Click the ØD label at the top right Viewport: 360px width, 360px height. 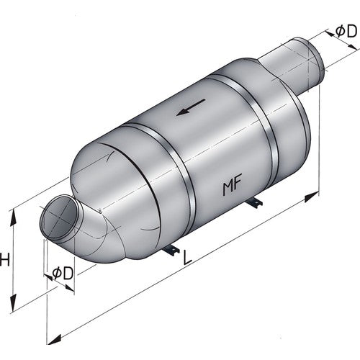pos(346,30)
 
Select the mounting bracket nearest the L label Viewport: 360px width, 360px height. pos(171,250)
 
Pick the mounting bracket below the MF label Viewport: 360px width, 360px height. pos(254,206)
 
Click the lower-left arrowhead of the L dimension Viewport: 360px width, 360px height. pos(50,338)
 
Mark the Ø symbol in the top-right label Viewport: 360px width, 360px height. pos(340,31)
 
